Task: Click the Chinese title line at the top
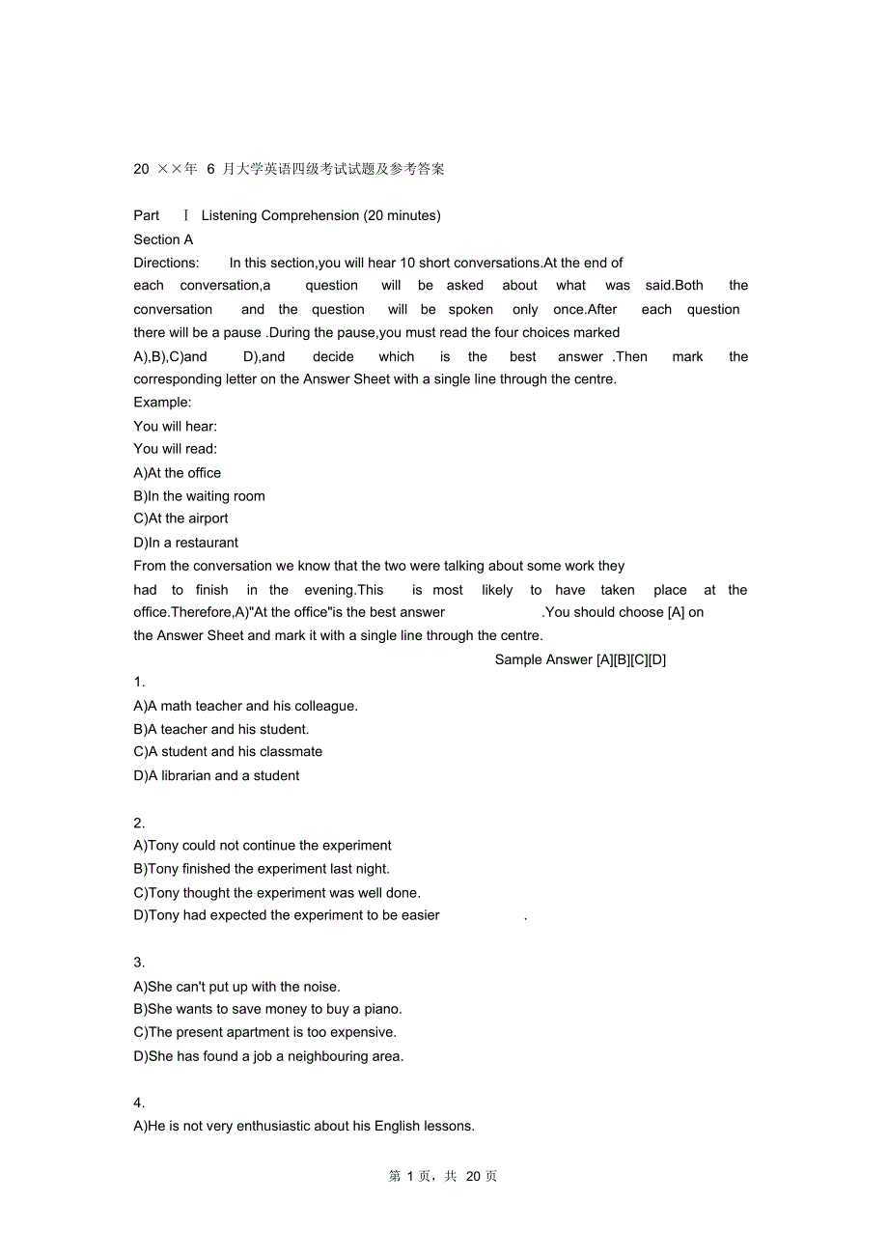[290, 169]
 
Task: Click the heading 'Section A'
[163, 239]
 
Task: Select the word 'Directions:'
[166, 263]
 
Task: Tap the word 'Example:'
[162, 402]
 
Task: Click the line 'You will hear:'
[175, 426]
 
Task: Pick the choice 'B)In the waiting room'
[199, 496]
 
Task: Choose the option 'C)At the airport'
[180, 518]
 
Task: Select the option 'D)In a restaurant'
[185, 543]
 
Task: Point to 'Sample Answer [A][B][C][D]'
[580, 659]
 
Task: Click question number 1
[139, 683]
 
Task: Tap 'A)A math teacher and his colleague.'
[245, 706]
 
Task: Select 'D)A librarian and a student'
[216, 775]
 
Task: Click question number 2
[139, 823]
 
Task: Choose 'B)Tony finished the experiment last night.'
[262, 869]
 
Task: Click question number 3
[139, 962]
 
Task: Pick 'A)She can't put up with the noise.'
[236, 987]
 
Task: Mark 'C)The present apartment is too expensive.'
[264, 1032]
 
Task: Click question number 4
[139, 1103]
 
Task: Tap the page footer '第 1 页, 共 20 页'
[443, 1176]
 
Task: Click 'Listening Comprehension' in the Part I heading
[280, 215]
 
